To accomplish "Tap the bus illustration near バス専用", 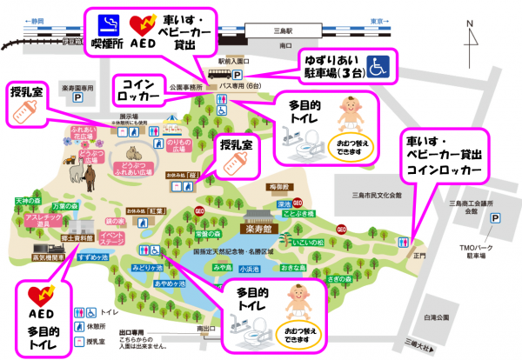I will click(x=218, y=74).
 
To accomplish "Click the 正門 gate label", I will click(x=421, y=256).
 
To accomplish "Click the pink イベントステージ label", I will click(x=114, y=236).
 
